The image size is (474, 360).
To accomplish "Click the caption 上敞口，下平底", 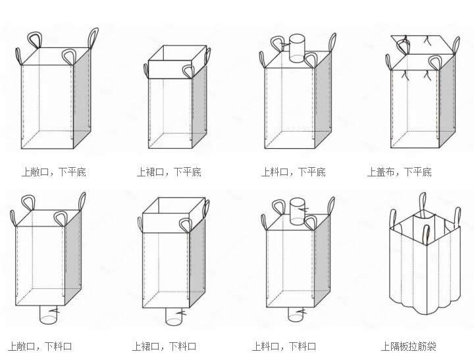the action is [54, 172].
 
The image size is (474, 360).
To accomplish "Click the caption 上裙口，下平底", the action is [169, 172].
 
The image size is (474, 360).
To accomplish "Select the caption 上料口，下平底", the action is [294, 172].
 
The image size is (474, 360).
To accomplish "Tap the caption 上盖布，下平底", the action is [400, 172].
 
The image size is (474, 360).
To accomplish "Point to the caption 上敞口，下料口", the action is [40, 346].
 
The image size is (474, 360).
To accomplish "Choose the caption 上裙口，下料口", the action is [164, 346].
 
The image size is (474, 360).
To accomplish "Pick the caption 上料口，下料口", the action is [284, 346].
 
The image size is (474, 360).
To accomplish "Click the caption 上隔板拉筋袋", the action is [409, 346].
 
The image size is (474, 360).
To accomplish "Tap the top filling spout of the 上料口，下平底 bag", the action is [297, 48].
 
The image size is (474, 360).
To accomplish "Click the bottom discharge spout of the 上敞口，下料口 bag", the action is [48, 315].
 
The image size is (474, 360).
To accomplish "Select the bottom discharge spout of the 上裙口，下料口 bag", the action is [173, 317].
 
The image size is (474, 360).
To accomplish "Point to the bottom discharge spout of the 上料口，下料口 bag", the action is [296, 315].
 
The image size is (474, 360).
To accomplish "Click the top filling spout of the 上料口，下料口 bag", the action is [298, 211].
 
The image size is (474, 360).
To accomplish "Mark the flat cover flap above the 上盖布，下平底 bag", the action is [423, 45].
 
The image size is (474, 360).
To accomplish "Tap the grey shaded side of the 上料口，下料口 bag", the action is [323, 260].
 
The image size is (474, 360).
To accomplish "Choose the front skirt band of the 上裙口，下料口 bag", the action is [166, 223].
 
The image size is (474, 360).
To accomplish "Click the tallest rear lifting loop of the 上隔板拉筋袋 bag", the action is [423, 205].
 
